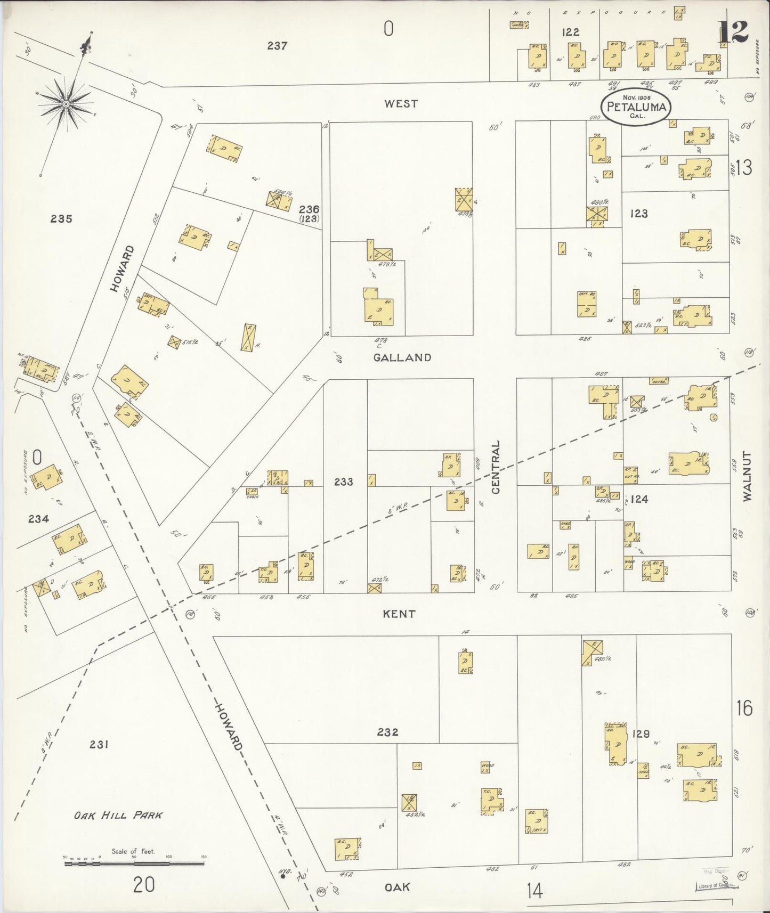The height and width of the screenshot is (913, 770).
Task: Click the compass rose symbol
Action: pyautogui.click(x=66, y=103)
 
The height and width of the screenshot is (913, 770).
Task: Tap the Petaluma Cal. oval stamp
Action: pyautogui.click(x=636, y=107)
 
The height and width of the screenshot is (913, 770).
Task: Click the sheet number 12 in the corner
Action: pyautogui.click(x=733, y=32)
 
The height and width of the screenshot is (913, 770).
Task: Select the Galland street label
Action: pyautogui.click(x=402, y=357)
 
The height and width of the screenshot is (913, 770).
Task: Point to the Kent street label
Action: pyautogui.click(x=399, y=614)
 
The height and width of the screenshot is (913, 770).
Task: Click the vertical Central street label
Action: pyautogui.click(x=496, y=467)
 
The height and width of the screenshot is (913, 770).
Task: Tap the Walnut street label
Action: pyautogui.click(x=747, y=476)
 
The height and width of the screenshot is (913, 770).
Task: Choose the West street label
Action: pyautogui.click(x=401, y=103)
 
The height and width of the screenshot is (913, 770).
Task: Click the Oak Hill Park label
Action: pyautogui.click(x=118, y=815)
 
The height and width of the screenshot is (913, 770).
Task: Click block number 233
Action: pyautogui.click(x=344, y=482)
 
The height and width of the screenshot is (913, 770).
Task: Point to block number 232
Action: pyautogui.click(x=387, y=732)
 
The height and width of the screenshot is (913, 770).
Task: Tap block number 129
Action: pyautogui.click(x=641, y=733)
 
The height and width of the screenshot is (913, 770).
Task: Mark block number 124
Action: pyautogui.click(x=639, y=499)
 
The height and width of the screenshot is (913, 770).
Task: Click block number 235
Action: pyautogui.click(x=61, y=218)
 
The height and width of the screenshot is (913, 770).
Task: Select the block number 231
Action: pyautogui.click(x=99, y=744)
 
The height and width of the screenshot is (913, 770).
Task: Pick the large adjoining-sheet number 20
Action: pyautogui.click(x=144, y=885)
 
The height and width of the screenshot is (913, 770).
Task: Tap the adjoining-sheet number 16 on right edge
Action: pyautogui.click(x=744, y=708)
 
